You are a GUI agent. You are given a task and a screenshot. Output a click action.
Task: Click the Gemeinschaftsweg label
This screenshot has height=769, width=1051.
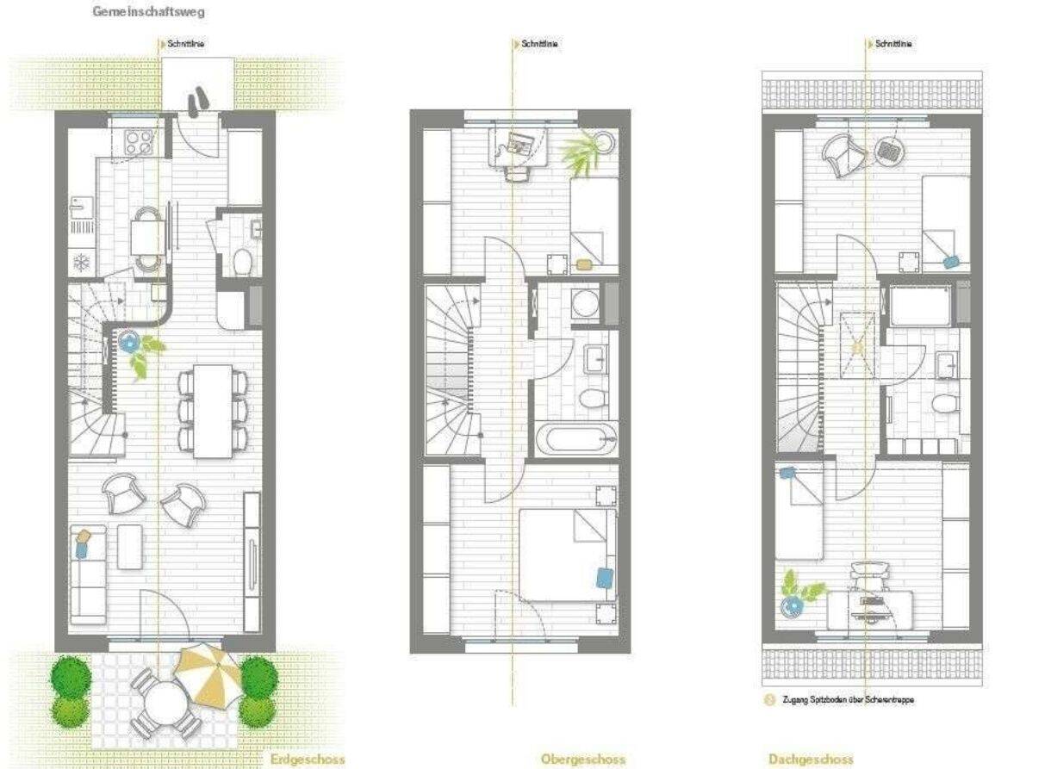148,12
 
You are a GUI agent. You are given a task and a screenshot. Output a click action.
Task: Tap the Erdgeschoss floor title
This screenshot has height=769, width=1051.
308,760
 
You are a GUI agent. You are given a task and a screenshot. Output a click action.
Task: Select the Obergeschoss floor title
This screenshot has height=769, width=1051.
583,760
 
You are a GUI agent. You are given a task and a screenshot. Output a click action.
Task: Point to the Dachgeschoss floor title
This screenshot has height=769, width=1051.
811,760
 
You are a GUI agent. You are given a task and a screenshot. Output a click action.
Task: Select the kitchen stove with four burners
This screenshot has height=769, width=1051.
139,141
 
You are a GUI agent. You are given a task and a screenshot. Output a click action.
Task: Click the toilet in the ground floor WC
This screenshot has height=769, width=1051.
243,263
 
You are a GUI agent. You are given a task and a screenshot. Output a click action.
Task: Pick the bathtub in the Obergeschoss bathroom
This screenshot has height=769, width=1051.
576,439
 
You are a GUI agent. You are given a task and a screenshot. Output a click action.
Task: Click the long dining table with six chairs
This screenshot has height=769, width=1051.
213,412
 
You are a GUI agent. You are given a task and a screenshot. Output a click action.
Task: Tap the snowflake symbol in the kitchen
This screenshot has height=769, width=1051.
82,263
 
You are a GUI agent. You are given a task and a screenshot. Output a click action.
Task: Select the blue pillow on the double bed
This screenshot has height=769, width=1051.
605,578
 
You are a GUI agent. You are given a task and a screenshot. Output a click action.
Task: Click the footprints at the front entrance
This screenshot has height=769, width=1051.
198,102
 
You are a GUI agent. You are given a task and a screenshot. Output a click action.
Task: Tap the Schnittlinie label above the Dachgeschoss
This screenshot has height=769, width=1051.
893,44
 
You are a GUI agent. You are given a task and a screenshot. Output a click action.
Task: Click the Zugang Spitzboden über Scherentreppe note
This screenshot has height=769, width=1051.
849,700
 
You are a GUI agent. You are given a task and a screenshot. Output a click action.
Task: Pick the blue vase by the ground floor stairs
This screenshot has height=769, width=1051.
128,342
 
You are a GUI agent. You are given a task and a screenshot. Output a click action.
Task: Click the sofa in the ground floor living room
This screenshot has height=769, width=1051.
88,575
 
